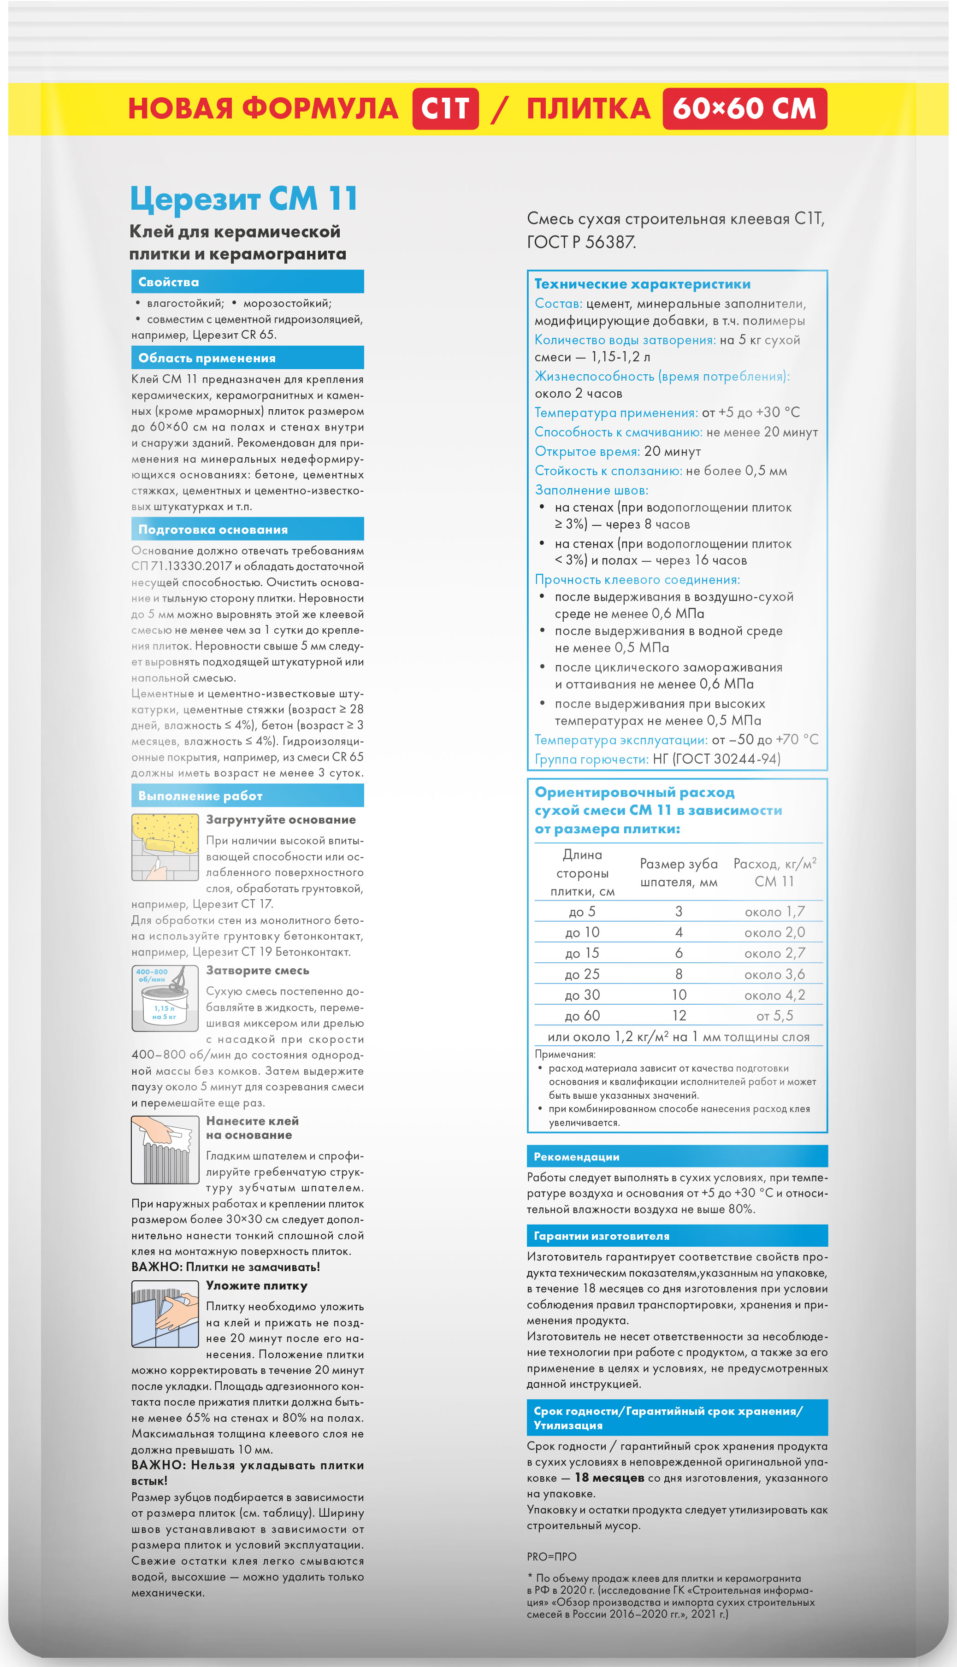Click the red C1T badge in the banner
point(445,108)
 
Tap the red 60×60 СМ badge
point(744,108)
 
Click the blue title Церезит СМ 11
point(244,199)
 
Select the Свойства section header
point(247,282)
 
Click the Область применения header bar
point(247,358)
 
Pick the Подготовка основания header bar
point(247,530)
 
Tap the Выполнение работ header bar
point(247,796)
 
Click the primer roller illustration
point(165,847)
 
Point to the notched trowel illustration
point(165,1150)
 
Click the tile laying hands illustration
point(165,1314)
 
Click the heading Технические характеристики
point(642,284)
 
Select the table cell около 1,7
point(774,911)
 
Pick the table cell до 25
point(582,974)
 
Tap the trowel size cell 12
point(679,1016)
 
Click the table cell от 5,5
point(774,1016)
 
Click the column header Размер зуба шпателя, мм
point(679,872)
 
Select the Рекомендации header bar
point(677,1156)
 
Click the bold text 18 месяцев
point(609,1478)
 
